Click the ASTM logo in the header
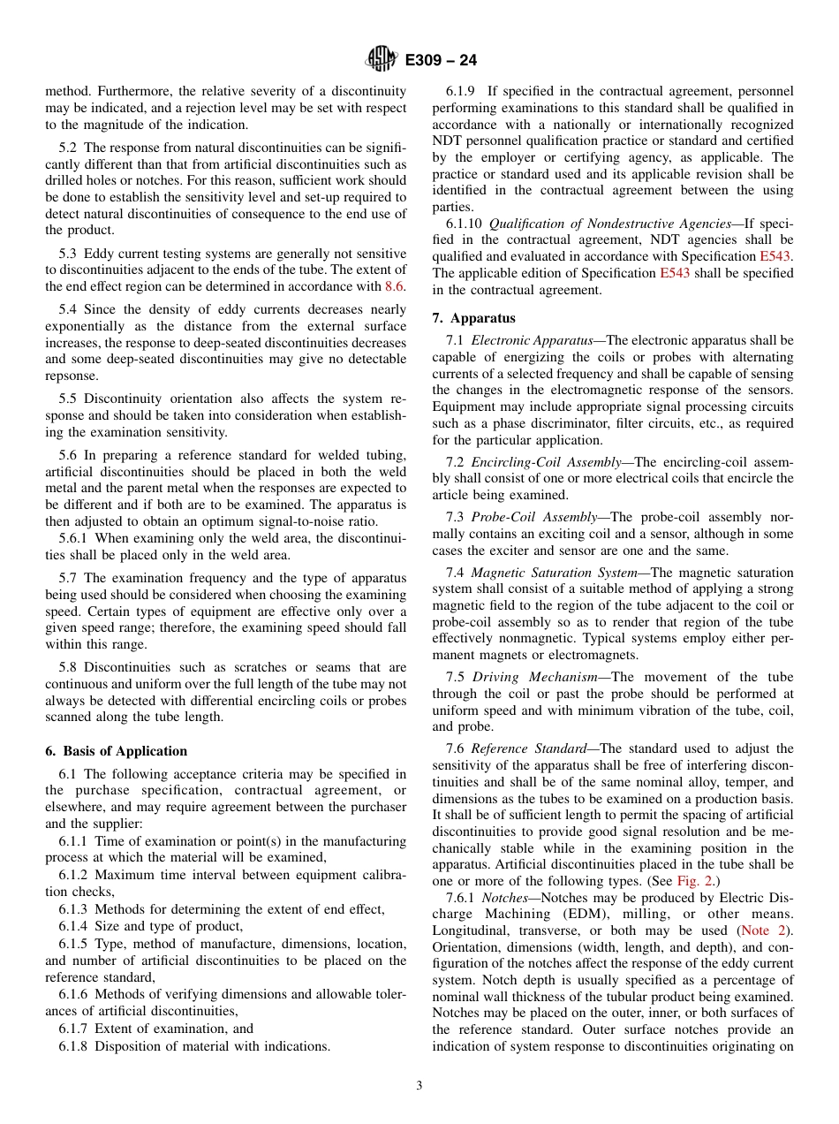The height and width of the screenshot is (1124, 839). coord(382,59)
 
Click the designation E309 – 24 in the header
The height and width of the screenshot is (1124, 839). coord(441,60)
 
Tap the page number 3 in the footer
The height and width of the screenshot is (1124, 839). coord(419,1086)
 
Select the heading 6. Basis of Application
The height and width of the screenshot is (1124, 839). coord(116,751)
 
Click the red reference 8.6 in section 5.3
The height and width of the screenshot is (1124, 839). coord(396,286)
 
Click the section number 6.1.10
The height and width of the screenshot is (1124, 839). coord(465,223)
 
